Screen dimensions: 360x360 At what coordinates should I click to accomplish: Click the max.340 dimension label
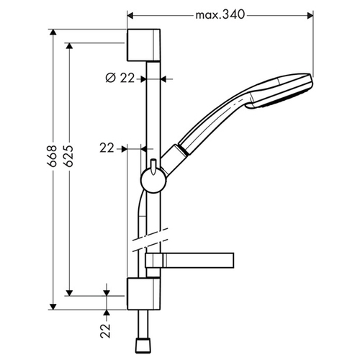tap(220, 15)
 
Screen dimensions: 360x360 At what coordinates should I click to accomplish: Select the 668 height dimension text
tap(52, 156)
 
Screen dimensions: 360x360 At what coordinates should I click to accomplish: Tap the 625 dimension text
tap(68, 156)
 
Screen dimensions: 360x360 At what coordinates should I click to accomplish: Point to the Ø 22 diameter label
tap(120, 78)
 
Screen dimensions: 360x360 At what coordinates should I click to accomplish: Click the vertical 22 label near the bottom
tap(105, 331)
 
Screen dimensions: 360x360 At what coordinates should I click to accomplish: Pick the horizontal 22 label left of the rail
tap(107, 148)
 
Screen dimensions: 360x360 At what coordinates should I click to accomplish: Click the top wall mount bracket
tap(143, 45)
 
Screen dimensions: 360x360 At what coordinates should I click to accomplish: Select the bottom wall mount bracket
tap(143, 294)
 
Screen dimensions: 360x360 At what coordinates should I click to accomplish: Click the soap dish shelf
tap(189, 260)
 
